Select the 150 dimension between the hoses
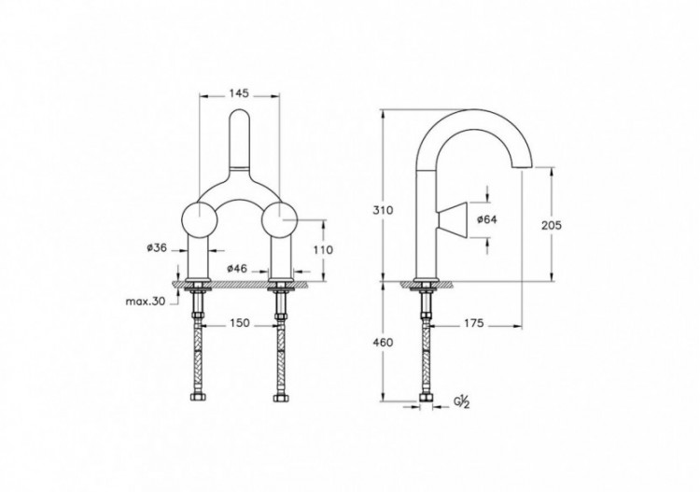click(x=240, y=323)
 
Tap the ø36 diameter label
click(x=156, y=247)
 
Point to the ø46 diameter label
click(x=239, y=268)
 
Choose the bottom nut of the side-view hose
click(x=427, y=402)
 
